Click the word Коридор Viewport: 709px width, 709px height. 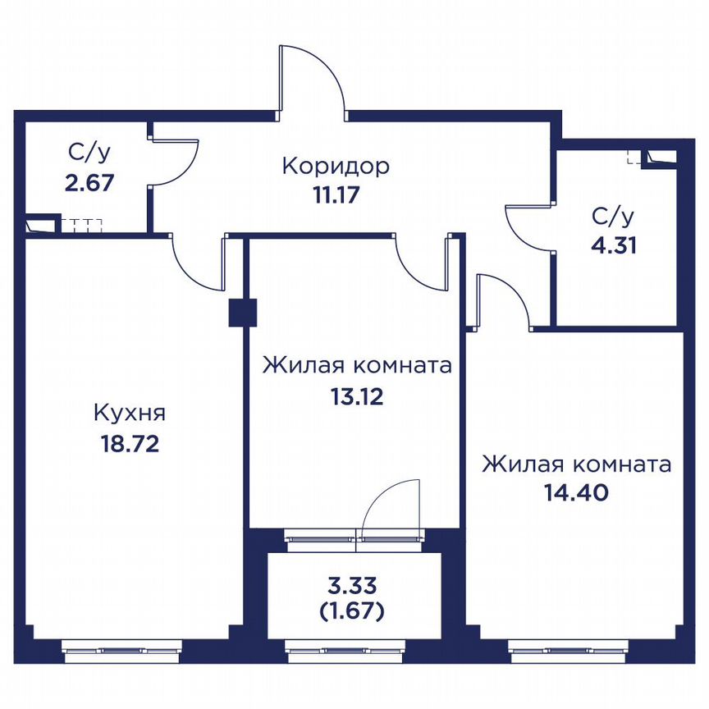336,167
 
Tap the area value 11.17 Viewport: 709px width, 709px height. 336,194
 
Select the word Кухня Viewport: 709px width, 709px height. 130,414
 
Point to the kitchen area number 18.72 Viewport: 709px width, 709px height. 130,444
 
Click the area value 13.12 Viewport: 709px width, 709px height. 357,397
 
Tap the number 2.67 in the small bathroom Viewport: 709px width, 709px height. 89,183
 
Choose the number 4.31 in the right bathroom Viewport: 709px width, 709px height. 614,245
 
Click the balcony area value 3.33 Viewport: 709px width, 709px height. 352,586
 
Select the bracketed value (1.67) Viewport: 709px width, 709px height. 352,611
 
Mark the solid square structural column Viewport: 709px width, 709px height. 242,313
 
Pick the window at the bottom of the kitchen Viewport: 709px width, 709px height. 121,651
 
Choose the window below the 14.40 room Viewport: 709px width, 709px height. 569,651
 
